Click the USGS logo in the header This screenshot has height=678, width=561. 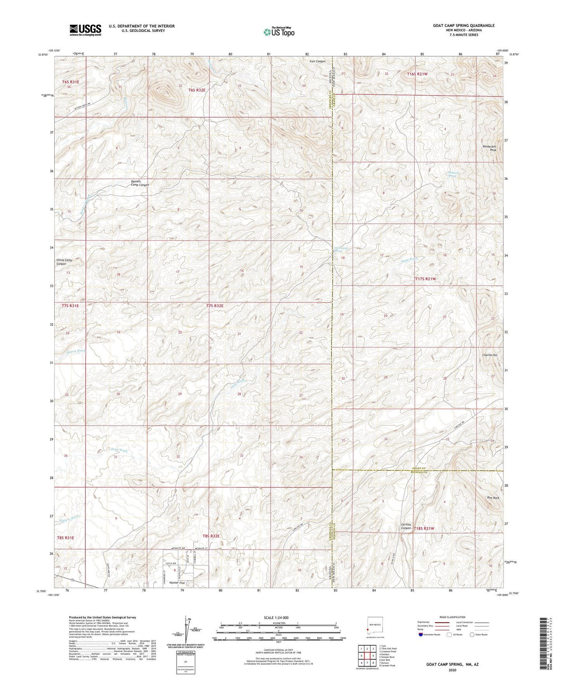[x=85, y=30]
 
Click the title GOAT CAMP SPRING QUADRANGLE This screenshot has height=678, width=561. [x=464, y=26]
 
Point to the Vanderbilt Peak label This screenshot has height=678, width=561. [x=489, y=148]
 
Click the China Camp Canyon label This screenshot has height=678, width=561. [x=64, y=262]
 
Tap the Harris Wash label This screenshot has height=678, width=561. [x=76, y=351]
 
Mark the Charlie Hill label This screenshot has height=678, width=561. [x=490, y=355]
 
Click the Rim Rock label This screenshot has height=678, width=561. [x=493, y=497]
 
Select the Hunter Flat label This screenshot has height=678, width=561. [x=177, y=583]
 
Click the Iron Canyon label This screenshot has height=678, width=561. [x=317, y=61]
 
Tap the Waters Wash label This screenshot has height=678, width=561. [x=69, y=517]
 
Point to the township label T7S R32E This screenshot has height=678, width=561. [x=215, y=306]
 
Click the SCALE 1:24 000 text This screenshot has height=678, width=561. [x=278, y=618]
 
